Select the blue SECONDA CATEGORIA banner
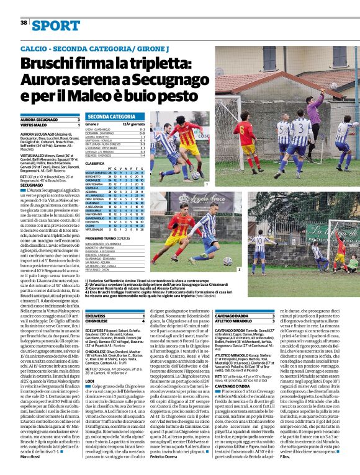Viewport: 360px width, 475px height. coord(112,117)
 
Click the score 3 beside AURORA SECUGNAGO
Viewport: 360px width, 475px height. coord(78,120)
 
